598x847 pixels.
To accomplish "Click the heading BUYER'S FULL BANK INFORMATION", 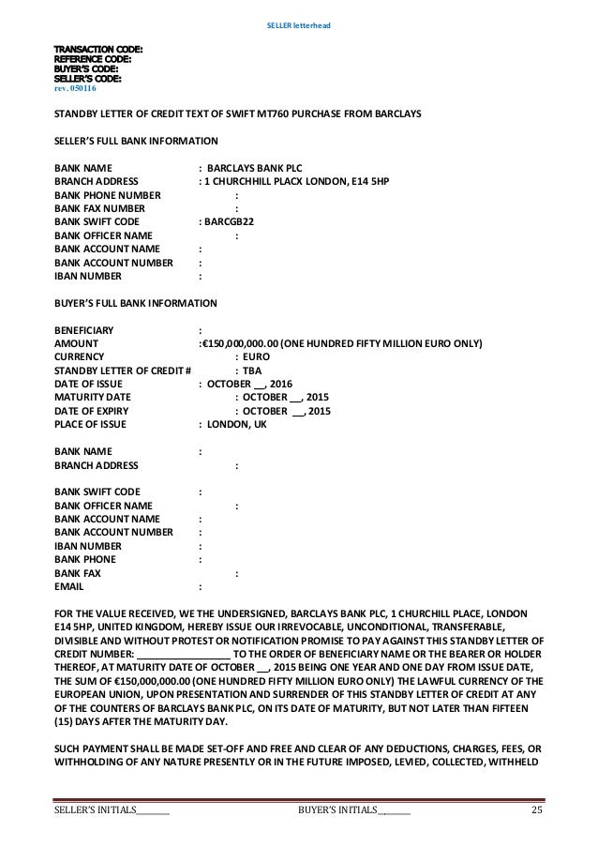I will (x=136, y=304).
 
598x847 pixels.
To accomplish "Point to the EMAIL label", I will (x=70, y=588).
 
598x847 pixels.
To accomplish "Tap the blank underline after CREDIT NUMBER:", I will (x=183, y=654).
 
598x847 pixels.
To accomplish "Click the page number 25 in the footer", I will (x=536, y=810).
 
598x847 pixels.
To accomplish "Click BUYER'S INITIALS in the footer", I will (x=336, y=810).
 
